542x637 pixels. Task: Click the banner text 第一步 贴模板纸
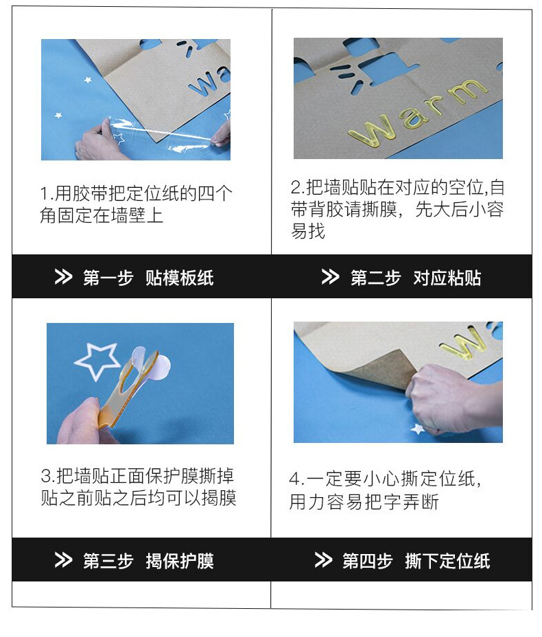148,278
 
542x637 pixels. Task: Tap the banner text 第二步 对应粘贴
415,278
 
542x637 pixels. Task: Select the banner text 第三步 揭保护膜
148,561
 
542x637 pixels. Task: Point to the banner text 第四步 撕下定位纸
416,561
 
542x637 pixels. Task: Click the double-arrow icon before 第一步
63,278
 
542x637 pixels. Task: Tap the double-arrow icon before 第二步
330,278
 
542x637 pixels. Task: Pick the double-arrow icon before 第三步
63,561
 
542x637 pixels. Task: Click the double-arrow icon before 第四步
323,561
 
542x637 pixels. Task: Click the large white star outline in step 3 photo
97,360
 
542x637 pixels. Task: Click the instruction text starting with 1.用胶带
136,204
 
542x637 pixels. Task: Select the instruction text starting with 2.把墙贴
397,209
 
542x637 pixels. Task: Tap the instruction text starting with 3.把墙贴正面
138,487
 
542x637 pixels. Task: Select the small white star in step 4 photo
417,429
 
